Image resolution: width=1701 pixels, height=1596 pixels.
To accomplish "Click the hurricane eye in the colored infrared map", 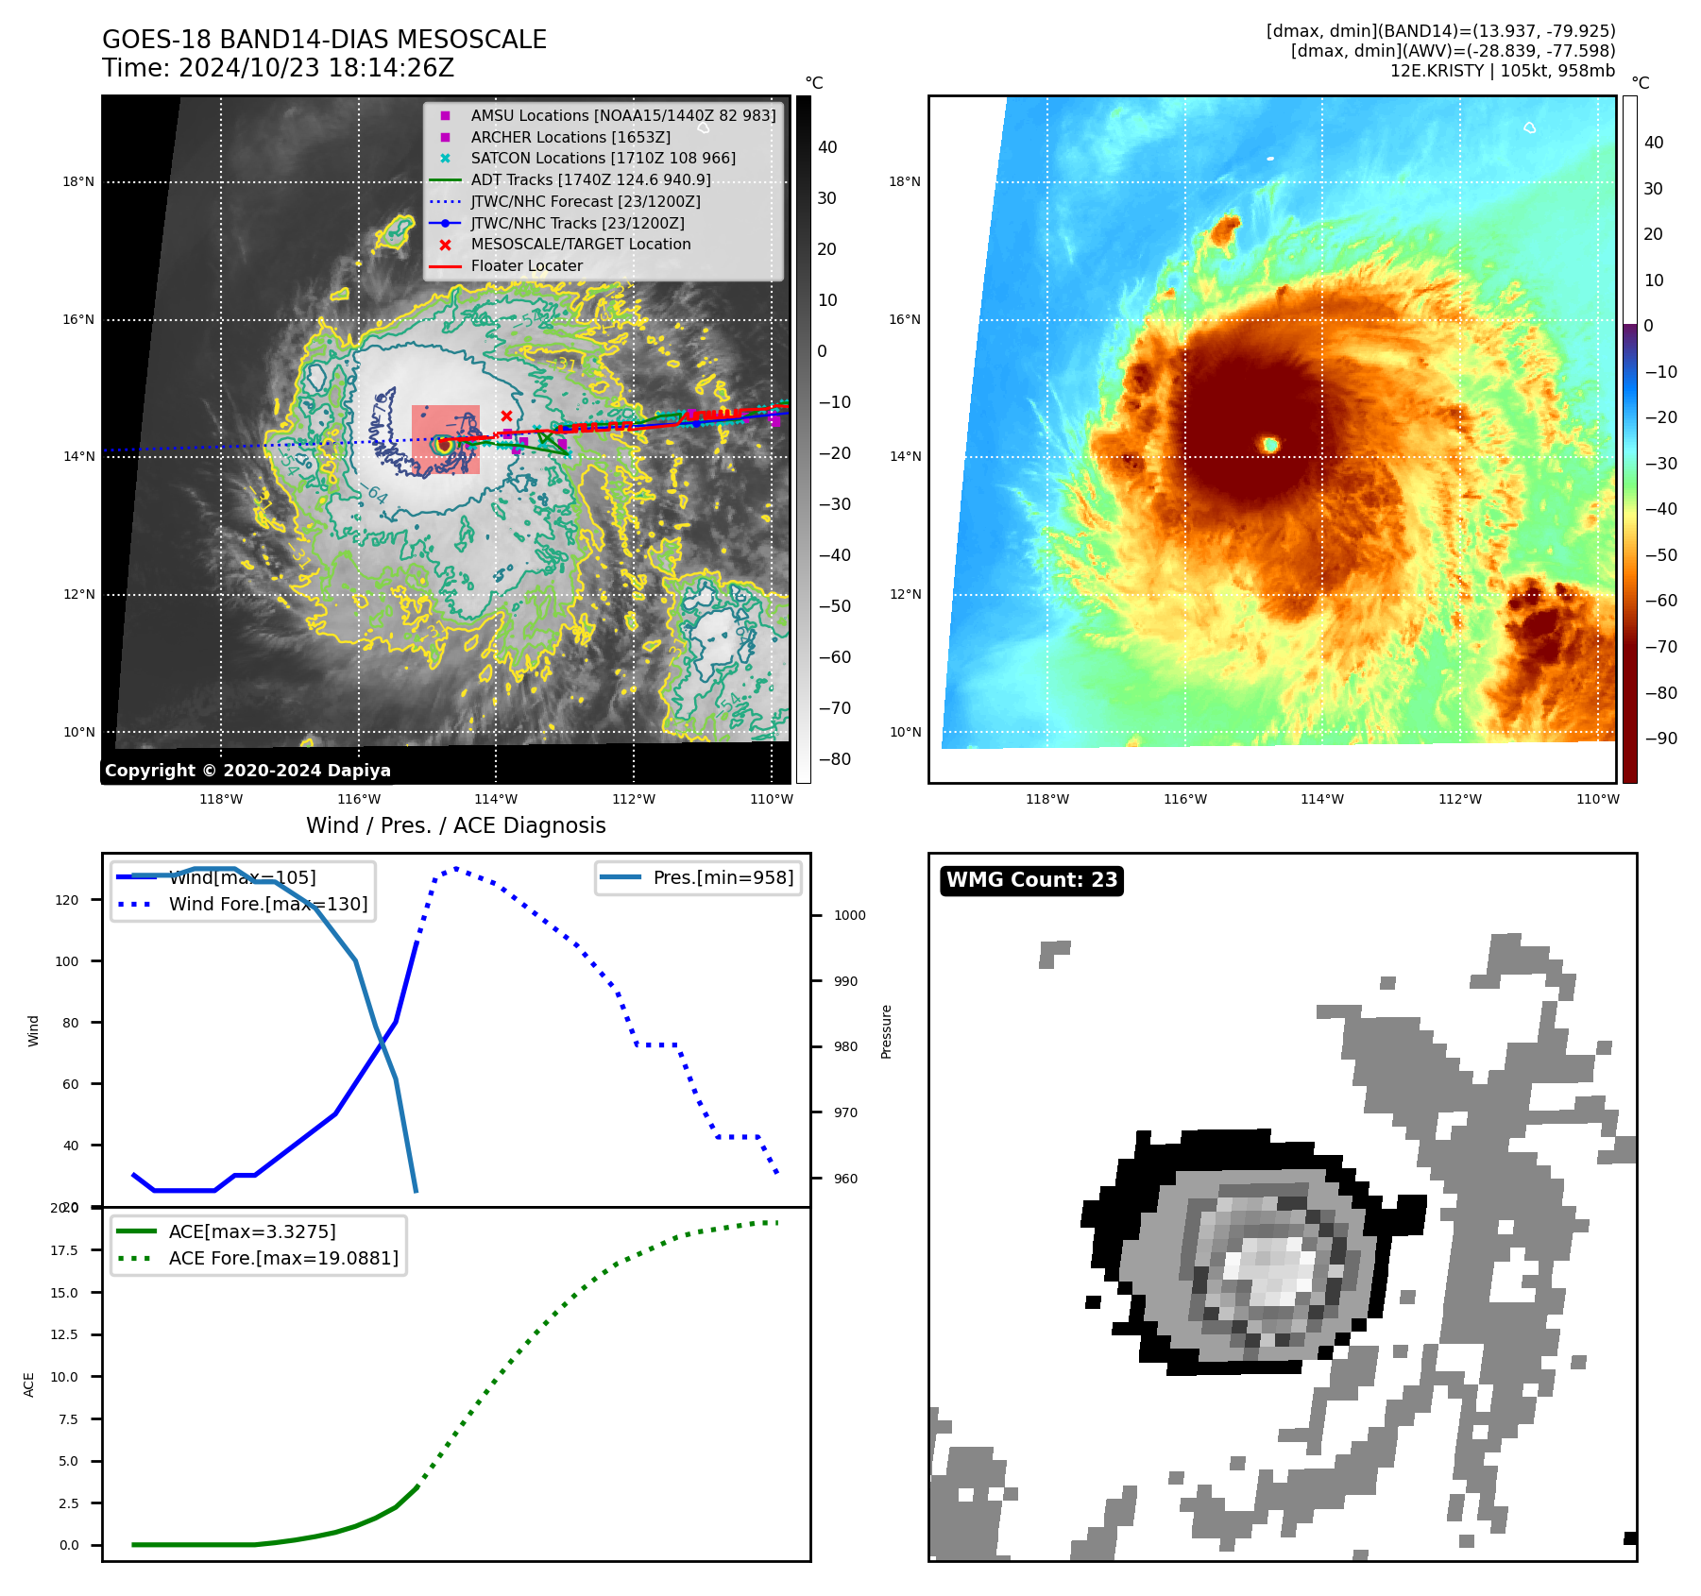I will coord(1270,444).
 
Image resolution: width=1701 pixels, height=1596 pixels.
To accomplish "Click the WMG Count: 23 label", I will coord(1031,880).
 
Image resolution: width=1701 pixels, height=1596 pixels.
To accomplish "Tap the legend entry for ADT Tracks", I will coord(590,179).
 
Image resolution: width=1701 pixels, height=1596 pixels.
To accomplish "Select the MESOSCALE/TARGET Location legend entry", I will coord(580,244).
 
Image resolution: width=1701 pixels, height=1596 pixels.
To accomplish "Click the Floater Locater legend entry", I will coord(526,265).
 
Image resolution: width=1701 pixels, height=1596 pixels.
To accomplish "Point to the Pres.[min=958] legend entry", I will coord(723,877).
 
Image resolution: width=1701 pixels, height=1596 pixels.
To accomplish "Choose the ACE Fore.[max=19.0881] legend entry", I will coord(283,1258).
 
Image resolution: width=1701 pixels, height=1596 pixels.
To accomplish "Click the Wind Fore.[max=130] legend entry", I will coord(268,904).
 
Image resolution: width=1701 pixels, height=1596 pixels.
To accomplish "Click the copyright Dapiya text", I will coord(247,771).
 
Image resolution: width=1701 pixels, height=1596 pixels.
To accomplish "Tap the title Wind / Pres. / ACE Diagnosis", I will coord(456,825).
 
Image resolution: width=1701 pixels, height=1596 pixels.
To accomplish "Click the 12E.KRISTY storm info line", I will coord(1502,71).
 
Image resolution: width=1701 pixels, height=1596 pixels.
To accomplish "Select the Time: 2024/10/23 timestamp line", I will coord(279,68).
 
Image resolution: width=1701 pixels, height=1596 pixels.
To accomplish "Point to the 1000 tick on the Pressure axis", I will coord(849,915).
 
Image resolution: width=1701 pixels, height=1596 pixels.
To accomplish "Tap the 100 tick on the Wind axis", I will coord(67,961).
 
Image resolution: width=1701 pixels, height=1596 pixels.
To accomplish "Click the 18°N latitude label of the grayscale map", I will coord(78,181).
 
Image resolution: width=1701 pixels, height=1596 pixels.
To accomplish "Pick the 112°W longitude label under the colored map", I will coord(1459,799).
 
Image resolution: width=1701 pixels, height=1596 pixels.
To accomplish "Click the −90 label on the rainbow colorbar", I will coord(1660,739).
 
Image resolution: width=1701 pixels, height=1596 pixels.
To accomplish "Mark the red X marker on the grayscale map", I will coord(506,416).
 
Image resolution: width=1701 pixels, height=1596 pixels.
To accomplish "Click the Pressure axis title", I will coord(886,1031).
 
